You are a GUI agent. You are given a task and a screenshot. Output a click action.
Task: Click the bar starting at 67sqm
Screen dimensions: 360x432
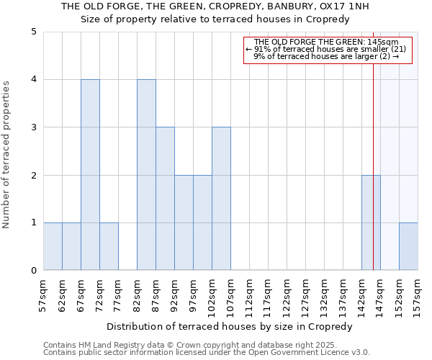pyautogui.click(x=90, y=175)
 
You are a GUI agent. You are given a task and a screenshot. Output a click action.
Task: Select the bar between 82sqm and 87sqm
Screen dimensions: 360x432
pyautogui.click(x=146, y=175)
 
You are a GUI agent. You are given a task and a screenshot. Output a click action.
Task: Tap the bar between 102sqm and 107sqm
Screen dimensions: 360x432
pyautogui.click(x=221, y=199)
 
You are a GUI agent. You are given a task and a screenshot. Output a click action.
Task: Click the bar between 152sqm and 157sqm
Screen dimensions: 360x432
pyautogui.click(x=408, y=246)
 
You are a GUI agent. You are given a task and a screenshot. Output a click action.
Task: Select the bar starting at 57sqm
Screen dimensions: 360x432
pyautogui.click(x=53, y=246)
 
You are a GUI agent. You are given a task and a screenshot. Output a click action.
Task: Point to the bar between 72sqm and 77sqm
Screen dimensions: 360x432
pyautogui.click(x=109, y=246)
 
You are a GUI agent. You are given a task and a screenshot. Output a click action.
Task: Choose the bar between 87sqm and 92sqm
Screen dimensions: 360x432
pyautogui.click(x=165, y=199)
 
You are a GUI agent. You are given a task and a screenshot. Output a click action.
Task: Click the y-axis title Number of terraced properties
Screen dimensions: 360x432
pyautogui.click(x=6, y=155)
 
